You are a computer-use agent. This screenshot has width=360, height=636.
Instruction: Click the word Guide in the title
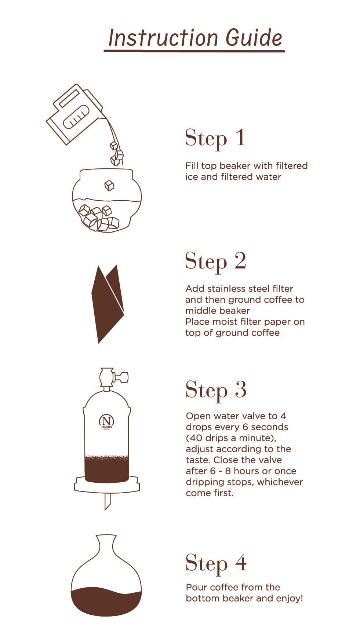click(x=254, y=37)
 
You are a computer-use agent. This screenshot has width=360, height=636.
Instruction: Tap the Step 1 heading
click(x=215, y=139)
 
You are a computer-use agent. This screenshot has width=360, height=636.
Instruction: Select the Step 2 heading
click(x=215, y=262)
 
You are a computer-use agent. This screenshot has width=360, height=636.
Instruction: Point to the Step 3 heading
click(x=216, y=390)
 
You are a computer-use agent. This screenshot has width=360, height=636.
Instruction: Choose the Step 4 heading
click(x=216, y=563)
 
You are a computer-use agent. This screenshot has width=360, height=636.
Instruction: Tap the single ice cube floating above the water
click(x=109, y=186)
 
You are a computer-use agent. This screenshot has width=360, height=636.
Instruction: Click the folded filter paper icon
click(x=108, y=304)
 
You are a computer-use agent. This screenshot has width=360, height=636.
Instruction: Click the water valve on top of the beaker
click(x=112, y=378)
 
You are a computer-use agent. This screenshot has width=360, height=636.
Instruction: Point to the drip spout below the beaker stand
click(x=108, y=501)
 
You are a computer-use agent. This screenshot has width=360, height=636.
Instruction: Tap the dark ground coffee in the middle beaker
click(x=106, y=469)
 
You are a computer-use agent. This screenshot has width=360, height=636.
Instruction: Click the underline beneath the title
click(x=194, y=51)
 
